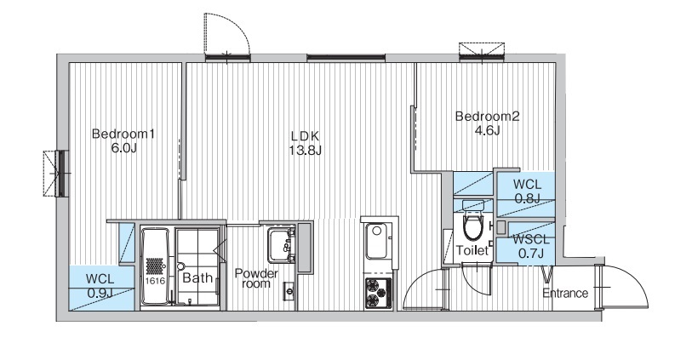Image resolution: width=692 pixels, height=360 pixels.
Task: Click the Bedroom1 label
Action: tap(123, 134)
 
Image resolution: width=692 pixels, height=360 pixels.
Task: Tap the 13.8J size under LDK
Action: tap(305, 151)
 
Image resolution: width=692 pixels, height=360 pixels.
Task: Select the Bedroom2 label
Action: tap(487, 117)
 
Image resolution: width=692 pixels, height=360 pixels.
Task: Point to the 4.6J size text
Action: tap(487, 131)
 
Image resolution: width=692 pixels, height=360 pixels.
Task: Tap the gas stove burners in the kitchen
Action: tap(378, 293)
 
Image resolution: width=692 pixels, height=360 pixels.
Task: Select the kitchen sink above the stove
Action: tap(376, 242)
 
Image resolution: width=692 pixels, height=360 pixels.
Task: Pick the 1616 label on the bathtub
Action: tap(154, 281)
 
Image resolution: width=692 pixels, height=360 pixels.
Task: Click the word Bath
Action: tap(197, 278)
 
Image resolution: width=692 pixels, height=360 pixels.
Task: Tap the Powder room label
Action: tap(256, 278)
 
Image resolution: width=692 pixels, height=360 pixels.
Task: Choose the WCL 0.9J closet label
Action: tap(100, 286)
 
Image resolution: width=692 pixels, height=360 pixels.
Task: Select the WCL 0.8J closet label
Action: tap(527, 191)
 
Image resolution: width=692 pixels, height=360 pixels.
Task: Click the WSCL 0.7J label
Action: tap(531, 247)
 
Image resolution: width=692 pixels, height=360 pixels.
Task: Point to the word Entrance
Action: tap(565, 294)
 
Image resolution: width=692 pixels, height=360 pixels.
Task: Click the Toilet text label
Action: tap(472, 250)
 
